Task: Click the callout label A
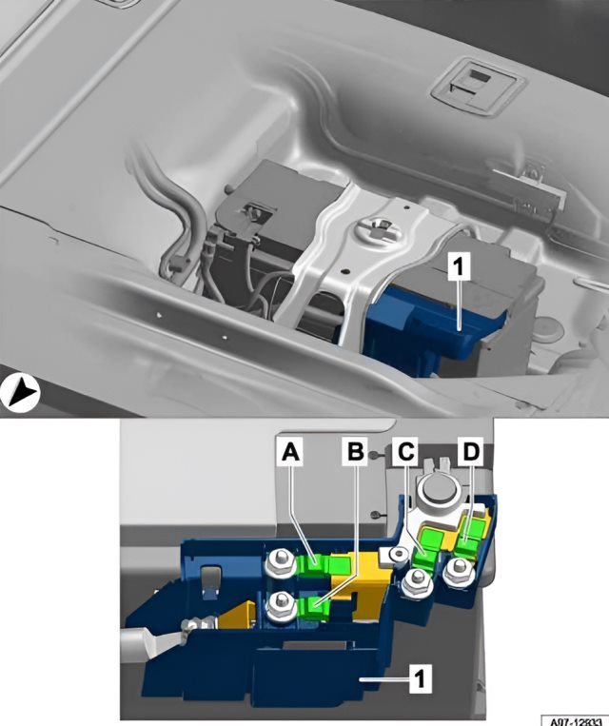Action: coord(290,451)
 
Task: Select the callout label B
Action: coord(355,451)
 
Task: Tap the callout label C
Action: coord(406,451)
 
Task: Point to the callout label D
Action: coord(470,451)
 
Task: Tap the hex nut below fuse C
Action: coord(418,581)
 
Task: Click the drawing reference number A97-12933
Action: coord(575,720)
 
